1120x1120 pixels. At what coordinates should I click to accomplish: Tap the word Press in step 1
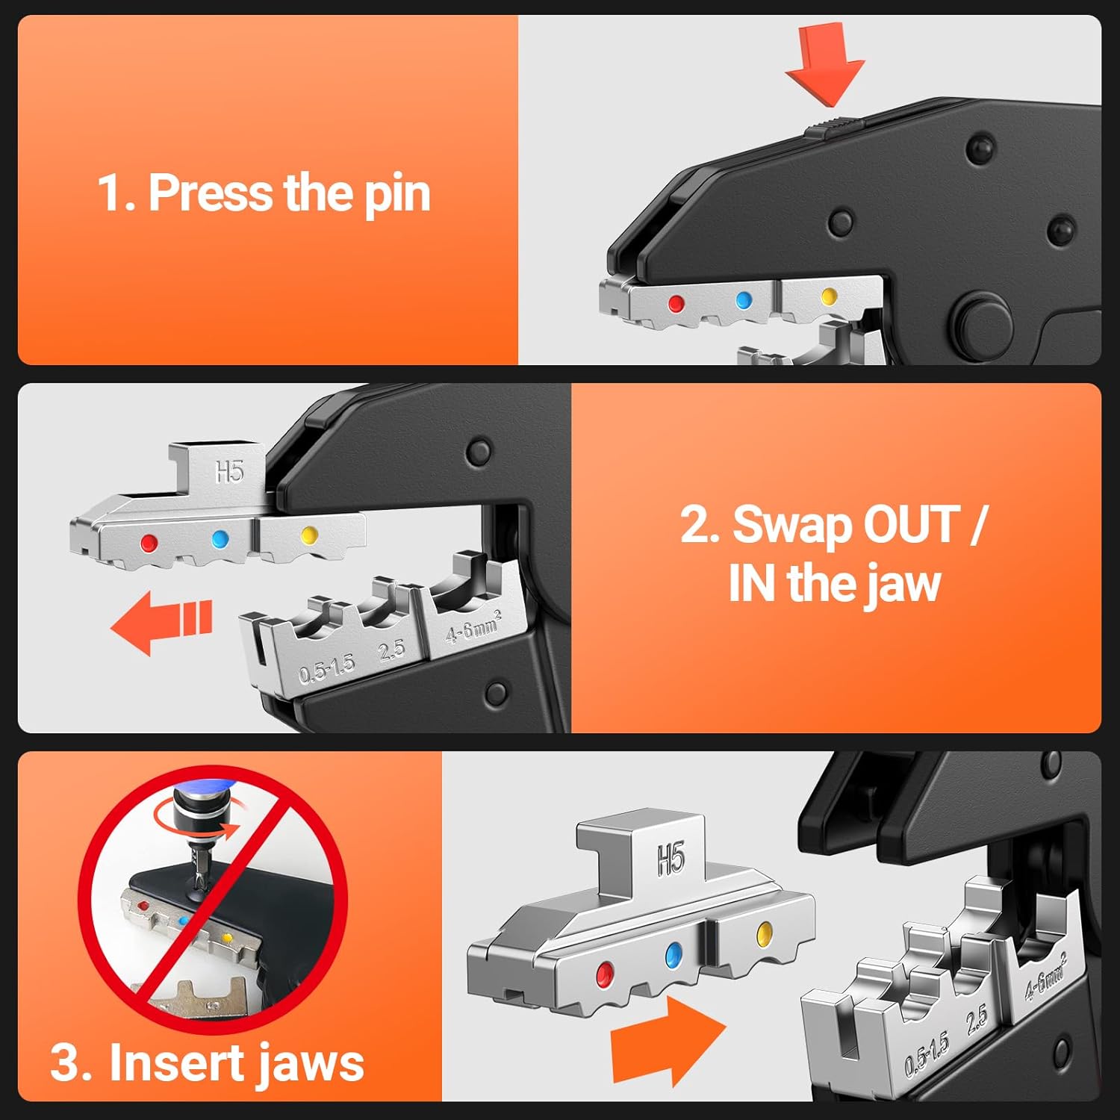coord(211,193)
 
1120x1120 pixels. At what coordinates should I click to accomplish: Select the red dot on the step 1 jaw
coord(676,304)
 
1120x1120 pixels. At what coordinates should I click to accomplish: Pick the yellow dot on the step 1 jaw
coord(828,297)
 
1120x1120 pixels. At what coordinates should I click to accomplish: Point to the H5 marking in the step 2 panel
coord(229,472)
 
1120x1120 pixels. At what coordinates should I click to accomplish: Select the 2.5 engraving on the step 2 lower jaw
coord(391,651)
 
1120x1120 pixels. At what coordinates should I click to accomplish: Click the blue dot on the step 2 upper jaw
coord(220,539)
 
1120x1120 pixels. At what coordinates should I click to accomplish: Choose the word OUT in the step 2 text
coord(910,525)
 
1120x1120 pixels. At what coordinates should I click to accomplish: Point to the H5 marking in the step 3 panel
coord(671,859)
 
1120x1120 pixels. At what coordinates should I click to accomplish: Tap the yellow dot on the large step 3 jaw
coord(764,933)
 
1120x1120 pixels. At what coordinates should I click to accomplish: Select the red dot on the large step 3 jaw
coord(604,973)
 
